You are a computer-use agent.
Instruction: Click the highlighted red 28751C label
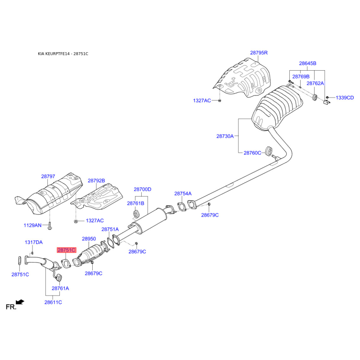[66, 250]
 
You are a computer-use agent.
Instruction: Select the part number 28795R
[259, 53]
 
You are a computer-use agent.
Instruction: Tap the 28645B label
[307, 63]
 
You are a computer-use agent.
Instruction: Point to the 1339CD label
[345, 98]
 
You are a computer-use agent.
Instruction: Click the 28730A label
[225, 136]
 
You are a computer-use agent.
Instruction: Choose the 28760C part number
[252, 153]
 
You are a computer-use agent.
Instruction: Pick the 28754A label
[183, 193]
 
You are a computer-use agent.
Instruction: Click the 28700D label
[142, 189]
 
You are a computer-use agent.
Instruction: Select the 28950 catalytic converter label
[89, 239]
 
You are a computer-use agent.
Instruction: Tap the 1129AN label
[32, 225]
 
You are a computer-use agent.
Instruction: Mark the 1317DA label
[33, 242]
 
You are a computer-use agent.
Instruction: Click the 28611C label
[53, 302]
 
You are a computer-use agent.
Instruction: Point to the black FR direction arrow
[20, 302]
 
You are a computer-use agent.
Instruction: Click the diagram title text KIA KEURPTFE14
[53, 54]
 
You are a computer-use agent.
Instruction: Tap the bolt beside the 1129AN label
[50, 226]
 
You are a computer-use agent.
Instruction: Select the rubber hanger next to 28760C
[269, 150]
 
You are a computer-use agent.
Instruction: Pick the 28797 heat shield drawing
[49, 194]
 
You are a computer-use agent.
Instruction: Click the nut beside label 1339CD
[328, 98]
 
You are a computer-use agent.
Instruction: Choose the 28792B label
[96, 181]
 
